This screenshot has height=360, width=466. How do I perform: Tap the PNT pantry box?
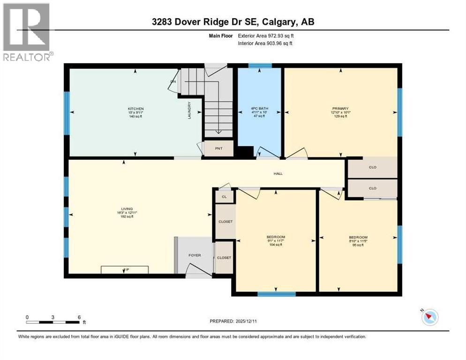[217, 149]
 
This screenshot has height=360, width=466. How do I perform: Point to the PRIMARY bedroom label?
[341, 108]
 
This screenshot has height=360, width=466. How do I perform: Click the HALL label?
[278, 174]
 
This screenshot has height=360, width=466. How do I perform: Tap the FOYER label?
[195, 255]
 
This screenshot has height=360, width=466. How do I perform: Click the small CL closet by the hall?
[224, 197]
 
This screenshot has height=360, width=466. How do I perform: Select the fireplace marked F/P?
[125, 270]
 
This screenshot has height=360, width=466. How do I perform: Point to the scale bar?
[53, 322]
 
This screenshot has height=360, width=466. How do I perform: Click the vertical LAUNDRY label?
[189, 110]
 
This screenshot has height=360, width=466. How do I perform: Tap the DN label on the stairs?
[173, 81]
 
